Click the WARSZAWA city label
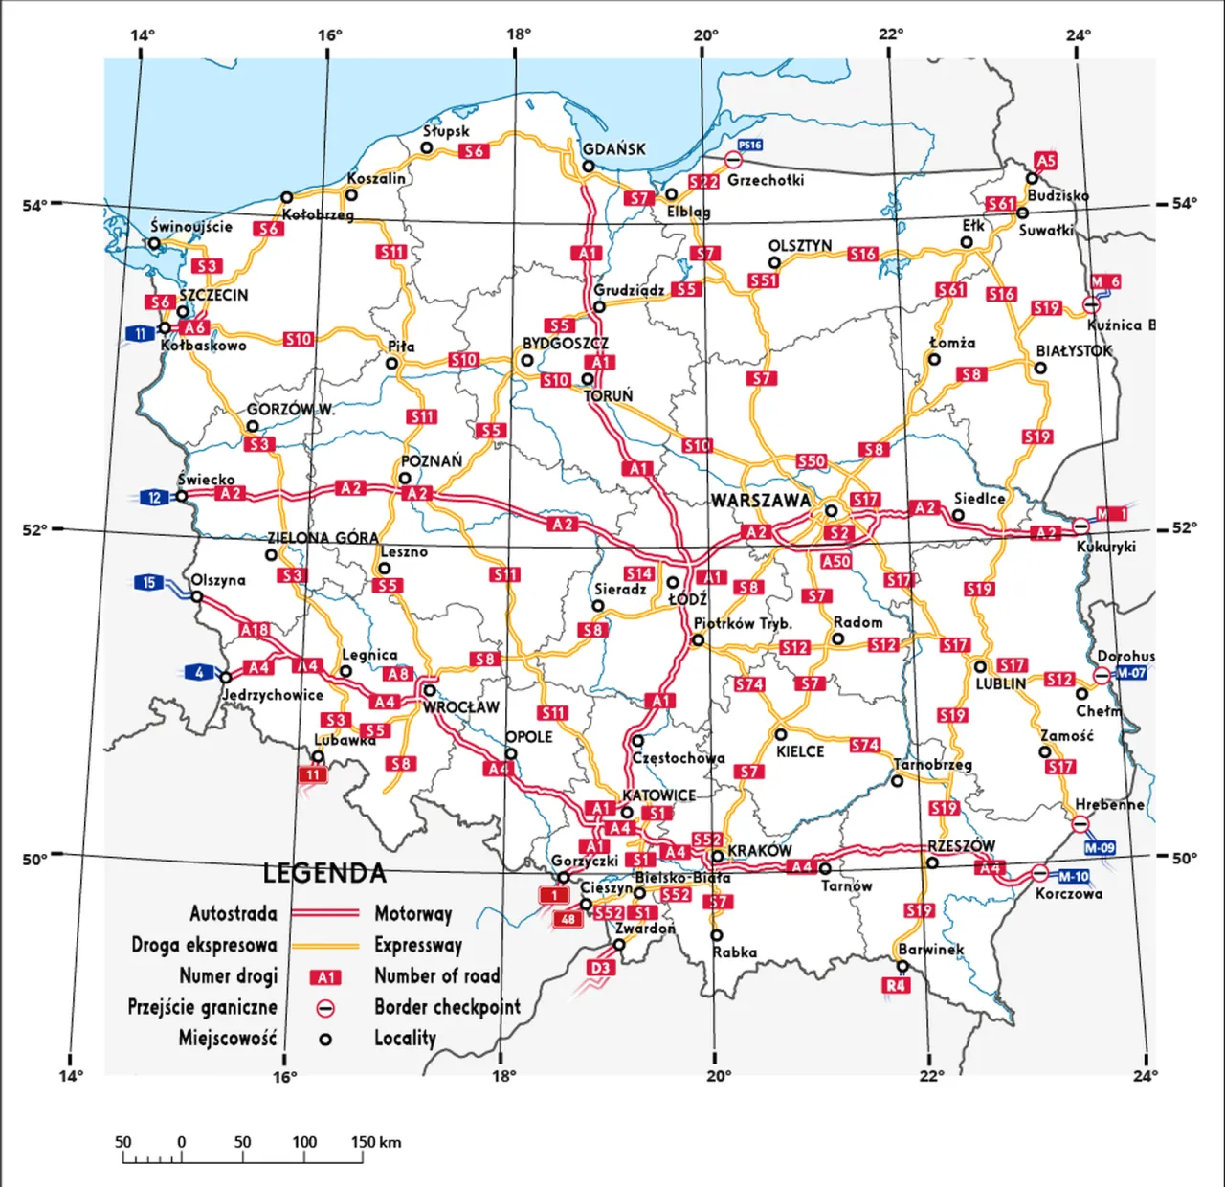point(760,501)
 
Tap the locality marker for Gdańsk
point(589,167)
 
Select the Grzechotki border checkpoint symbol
point(734,161)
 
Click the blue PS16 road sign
point(750,146)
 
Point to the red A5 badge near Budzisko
point(1046,161)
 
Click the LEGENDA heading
point(324,873)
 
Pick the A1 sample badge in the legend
point(326,977)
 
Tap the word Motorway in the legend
point(412,913)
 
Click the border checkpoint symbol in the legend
point(325,1008)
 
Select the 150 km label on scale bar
point(376,1142)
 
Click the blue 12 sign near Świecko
point(155,497)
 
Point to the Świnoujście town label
point(191,227)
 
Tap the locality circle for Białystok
point(1040,368)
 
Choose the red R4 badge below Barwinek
point(896,985)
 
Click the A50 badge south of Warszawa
point(835,561)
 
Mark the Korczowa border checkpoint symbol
point(1040,873)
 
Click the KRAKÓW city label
point(760,851)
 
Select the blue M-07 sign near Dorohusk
point(1131,673)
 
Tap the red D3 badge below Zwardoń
point(600,968)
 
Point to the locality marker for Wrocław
point(430,690)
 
